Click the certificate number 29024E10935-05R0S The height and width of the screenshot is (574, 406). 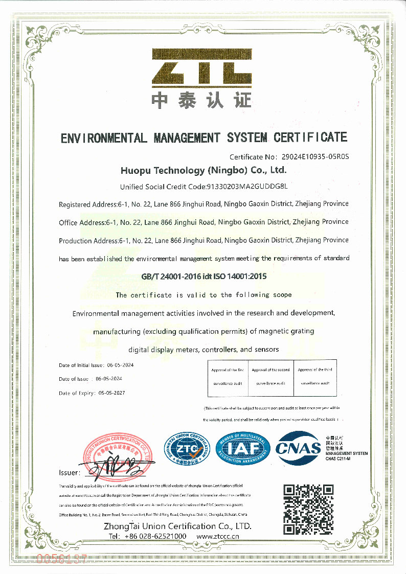pos(314,157)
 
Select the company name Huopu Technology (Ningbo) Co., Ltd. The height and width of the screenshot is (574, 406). pos(203,169)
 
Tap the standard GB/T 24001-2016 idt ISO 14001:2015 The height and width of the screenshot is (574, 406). pos(204,277)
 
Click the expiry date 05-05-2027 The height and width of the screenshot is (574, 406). pos(111,393)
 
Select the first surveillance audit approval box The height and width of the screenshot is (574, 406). pos(228,377)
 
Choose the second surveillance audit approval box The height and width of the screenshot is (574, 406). pos(270,377)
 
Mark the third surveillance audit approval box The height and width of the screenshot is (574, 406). pos(314,377)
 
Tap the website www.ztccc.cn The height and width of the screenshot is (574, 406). pos(218,536)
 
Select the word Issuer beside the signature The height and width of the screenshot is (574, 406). pos(70,473)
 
